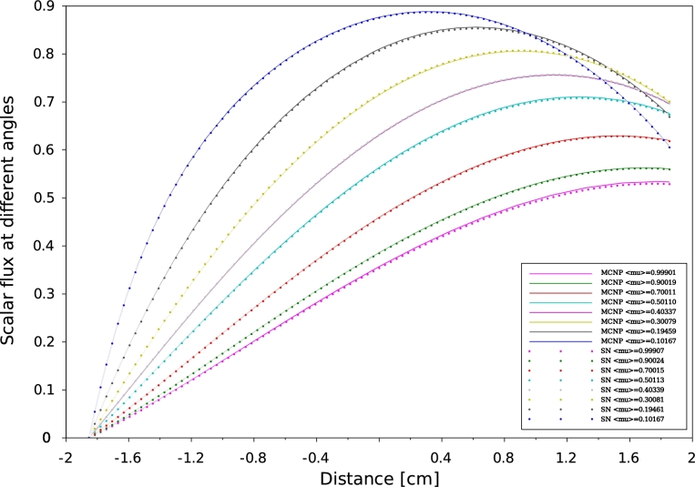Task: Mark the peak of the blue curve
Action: (x=424, y=12)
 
